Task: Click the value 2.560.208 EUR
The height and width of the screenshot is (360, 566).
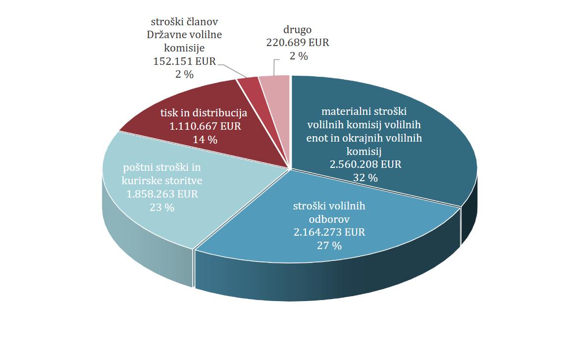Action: click(x=365, y=164)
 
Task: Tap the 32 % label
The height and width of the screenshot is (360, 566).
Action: click(x=365, y=178)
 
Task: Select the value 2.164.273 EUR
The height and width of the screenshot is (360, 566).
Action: click(x=329, y=232)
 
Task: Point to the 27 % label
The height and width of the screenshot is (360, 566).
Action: click(x=329, y=245)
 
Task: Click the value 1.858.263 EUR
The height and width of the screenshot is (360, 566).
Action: click(x=162, y=194)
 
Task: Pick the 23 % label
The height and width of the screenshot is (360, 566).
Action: click(x=162, y=207)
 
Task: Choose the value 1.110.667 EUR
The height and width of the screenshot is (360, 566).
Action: click(x=205, y=126)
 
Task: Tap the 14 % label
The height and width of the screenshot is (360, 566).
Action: click(x=205, y=140)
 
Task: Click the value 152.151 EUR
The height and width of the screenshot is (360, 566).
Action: click(x=184, y=61)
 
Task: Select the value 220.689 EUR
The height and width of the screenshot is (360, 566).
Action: click(x=298, y=43)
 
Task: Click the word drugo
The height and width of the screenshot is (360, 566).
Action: click(x=298, y=30)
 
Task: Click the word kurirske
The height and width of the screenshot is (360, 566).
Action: click(x=140, y=181)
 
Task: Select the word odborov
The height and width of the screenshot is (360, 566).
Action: click(x=329, y=218)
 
